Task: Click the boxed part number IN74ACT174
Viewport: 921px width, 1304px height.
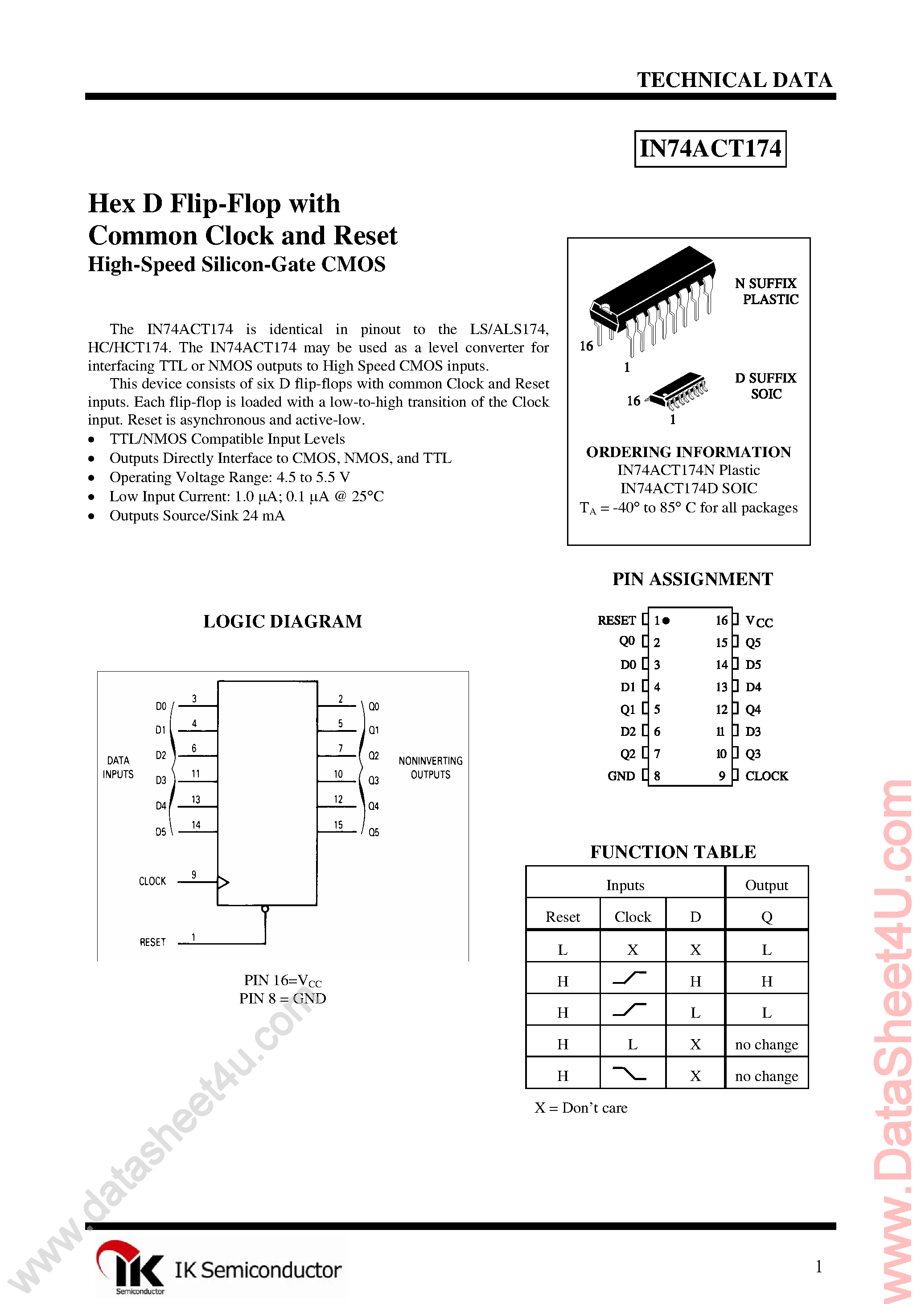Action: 710,149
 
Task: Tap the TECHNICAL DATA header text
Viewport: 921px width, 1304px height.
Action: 734,80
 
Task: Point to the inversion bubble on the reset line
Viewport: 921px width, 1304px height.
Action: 265,909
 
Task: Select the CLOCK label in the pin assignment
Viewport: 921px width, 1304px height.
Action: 766,776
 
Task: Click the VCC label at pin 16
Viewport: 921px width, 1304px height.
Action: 759,621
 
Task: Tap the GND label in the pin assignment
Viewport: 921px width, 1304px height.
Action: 621,776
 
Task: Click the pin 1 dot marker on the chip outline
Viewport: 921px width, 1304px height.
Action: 666,621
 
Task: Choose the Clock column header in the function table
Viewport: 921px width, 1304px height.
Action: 633,916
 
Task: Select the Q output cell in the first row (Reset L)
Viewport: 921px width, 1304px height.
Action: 767,949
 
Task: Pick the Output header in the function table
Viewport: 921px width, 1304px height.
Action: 767,885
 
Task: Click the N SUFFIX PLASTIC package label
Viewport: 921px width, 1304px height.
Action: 767,291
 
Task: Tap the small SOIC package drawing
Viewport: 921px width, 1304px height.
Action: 678,391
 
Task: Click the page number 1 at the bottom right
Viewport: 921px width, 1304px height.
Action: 818,1266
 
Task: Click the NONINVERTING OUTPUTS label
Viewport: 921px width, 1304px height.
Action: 430,768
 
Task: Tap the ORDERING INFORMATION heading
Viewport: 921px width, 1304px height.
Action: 688,452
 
